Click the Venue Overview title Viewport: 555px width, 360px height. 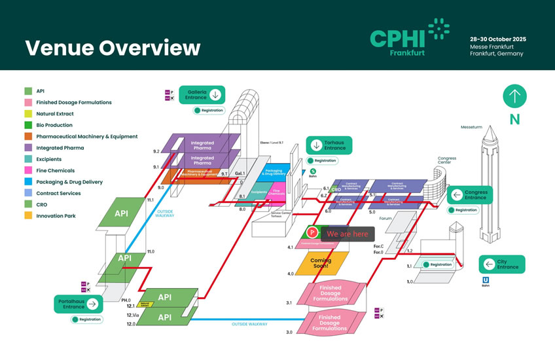[113, 48]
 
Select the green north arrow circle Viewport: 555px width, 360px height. [514, 96]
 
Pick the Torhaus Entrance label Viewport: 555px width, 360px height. [330, 145]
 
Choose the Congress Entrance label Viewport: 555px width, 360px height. [471, 194]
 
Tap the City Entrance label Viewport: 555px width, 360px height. [503, 264]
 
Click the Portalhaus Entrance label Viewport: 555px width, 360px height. [78, 304]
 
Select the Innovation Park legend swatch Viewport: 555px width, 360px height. [28, 216]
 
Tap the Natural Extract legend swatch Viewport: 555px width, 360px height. [28, 114]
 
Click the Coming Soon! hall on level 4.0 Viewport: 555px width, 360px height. [321, 263]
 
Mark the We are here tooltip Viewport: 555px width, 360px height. [348, 234]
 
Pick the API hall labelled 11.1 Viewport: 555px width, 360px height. [122, 213]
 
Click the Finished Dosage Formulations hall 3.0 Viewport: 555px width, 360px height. [330, 323]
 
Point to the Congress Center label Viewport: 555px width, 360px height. [447, 160]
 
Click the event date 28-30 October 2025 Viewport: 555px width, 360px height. [498, 39]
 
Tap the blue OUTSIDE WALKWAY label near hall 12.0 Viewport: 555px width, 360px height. [249, 324]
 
